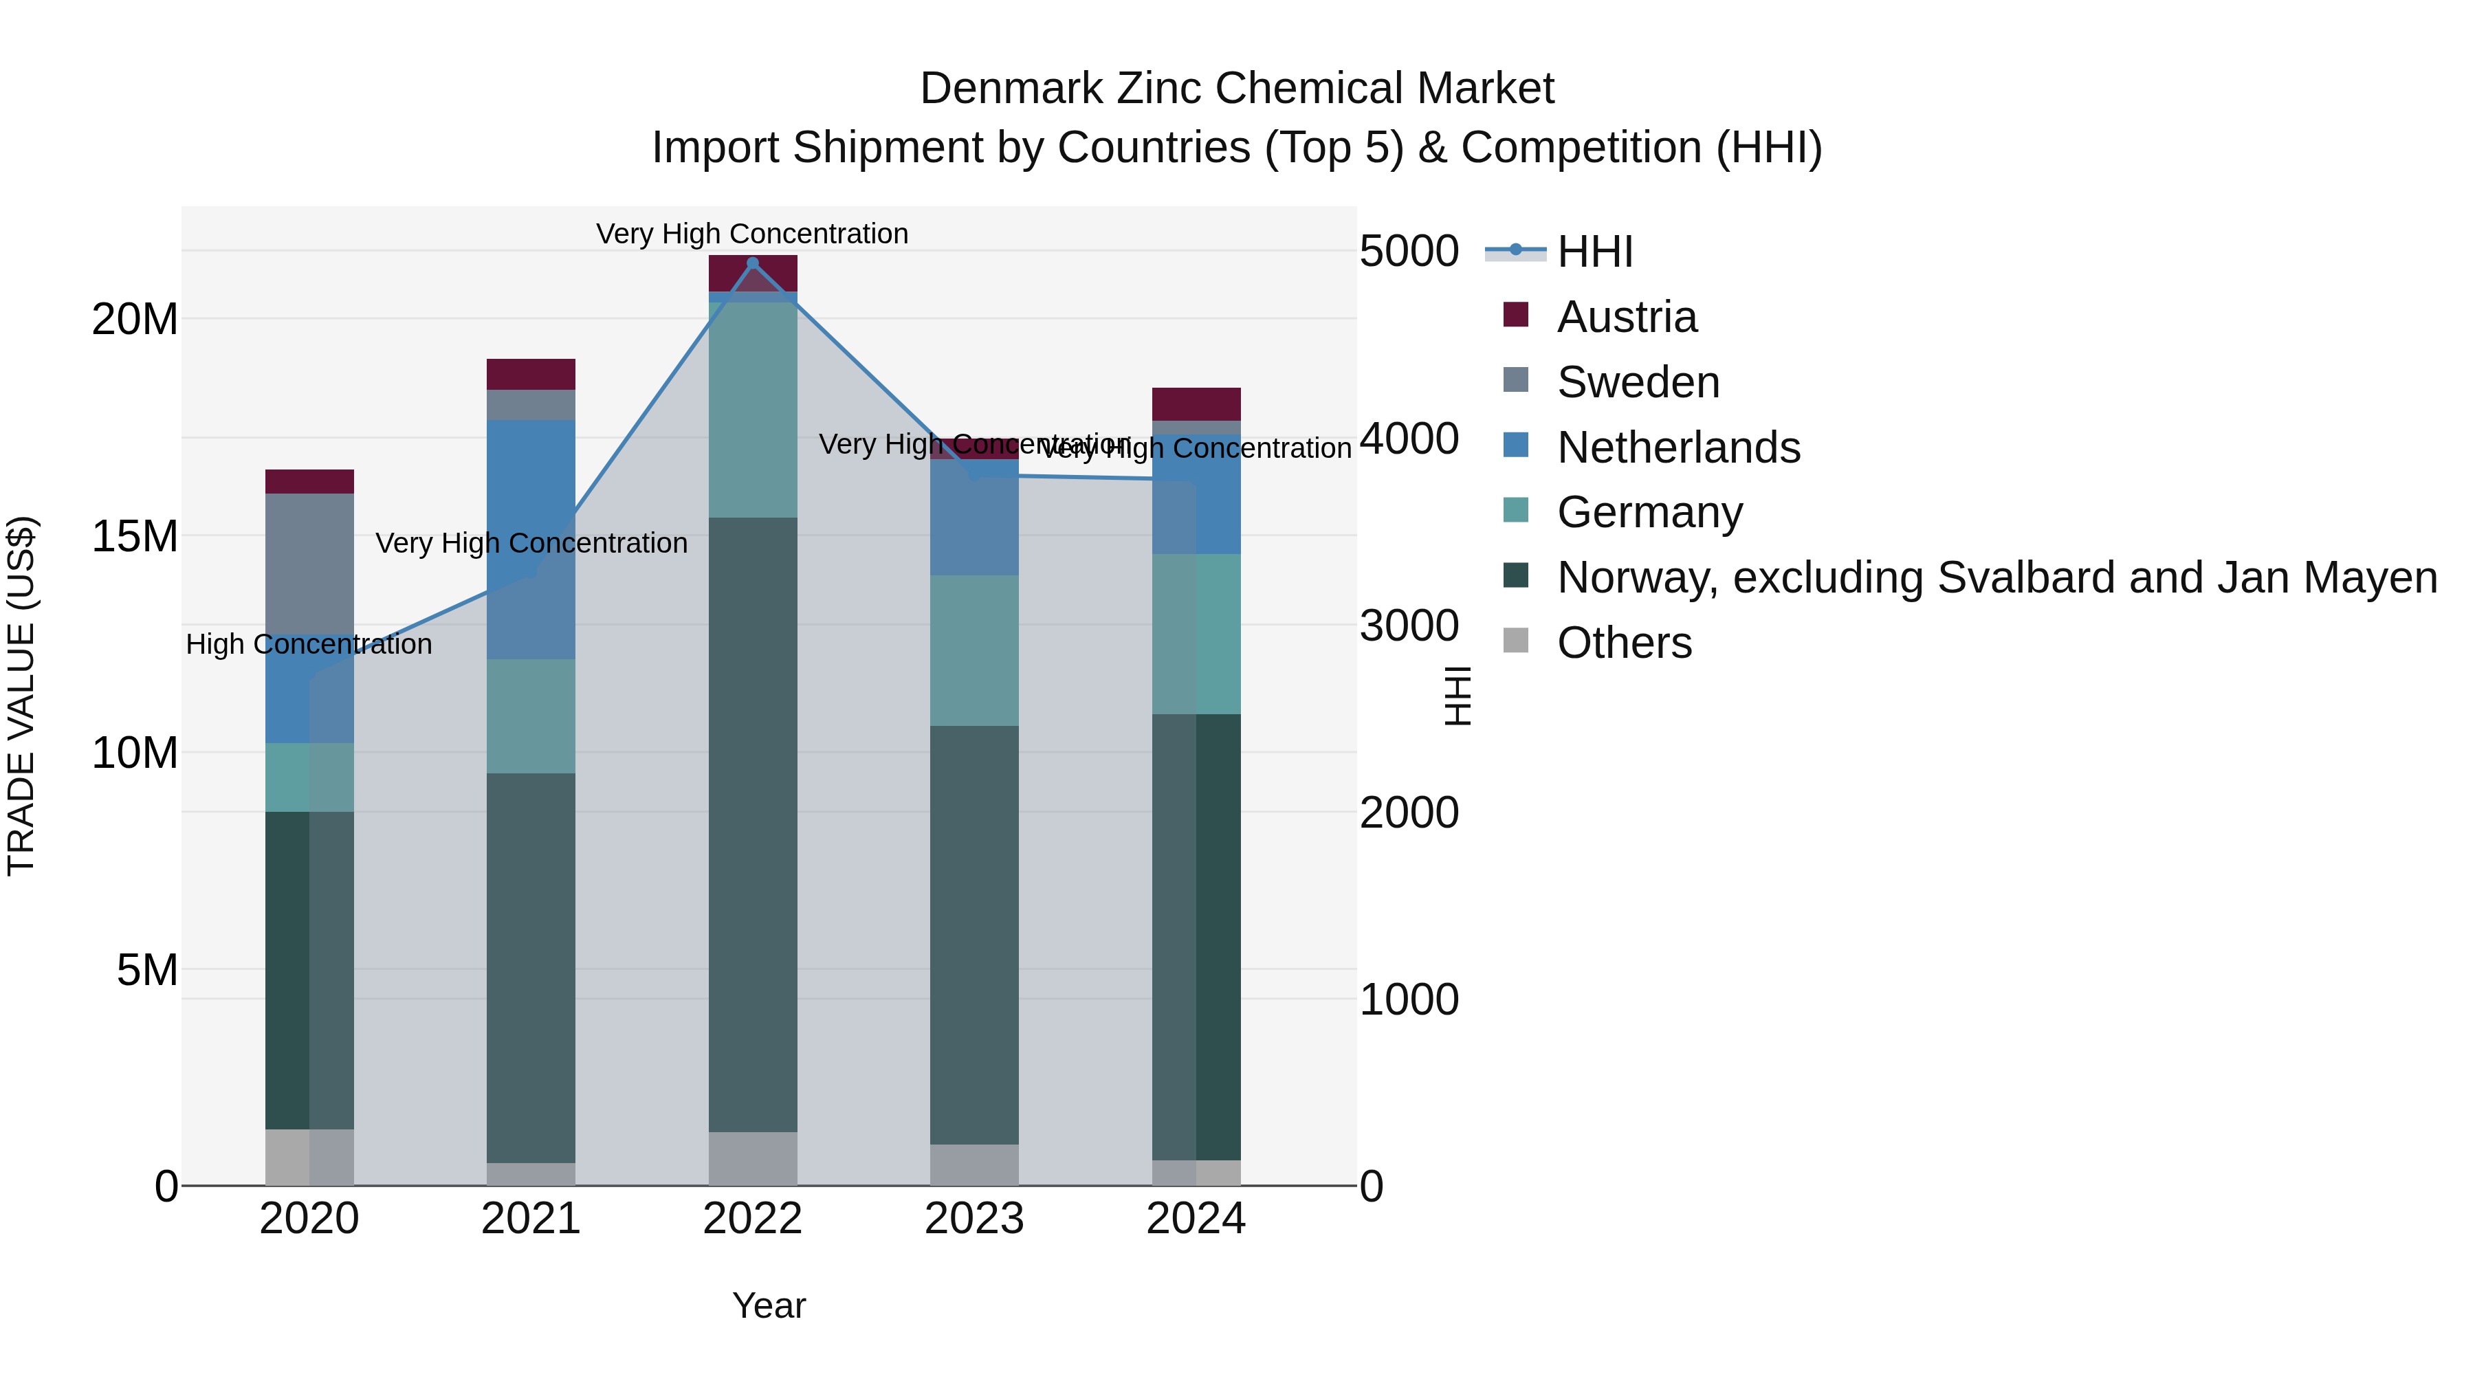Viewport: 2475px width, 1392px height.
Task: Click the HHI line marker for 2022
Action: [752, 263]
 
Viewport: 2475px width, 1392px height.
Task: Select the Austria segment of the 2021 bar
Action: [530, 374]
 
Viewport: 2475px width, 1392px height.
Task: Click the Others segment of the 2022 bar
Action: [752, 1158]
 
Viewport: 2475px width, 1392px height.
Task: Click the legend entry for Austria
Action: [1626, 317]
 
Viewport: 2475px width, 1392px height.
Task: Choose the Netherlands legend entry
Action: [1677, 448]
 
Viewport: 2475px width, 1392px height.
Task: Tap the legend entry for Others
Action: [1624, 643]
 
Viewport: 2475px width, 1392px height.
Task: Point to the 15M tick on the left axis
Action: [135, 536]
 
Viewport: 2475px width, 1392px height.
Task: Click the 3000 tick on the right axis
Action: [1409, 626]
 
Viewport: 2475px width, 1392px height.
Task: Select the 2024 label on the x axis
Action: [1196, 1219]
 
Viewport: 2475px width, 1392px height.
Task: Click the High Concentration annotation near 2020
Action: [309, 645]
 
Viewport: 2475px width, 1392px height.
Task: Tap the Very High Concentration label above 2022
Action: [751, 234]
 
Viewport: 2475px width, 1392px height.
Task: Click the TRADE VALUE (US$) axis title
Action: [21, 696]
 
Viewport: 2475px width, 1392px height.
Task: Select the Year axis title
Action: [769, 1305]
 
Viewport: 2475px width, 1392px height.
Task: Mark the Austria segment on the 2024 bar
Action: [1196, 404]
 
